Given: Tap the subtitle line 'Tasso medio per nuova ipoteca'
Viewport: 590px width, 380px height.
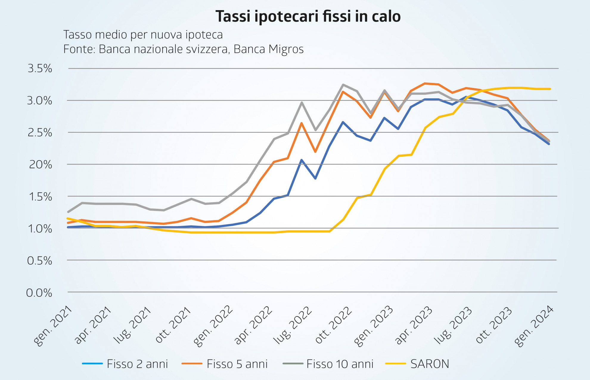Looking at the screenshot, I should (143, 35).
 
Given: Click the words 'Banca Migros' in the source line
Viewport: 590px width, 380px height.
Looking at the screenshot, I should (268, 49).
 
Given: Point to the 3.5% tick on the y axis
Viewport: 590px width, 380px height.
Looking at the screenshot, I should (40, 69).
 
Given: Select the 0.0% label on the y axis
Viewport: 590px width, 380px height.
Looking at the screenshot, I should (39, 293).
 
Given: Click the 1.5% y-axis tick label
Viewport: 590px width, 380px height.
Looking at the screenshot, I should (40, 197).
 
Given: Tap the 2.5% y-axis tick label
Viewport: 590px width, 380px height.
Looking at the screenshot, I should (40, 133).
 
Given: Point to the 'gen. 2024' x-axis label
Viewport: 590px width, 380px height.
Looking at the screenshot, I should (534, 326).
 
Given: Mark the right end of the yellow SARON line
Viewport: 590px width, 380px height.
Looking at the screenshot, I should (550, 89).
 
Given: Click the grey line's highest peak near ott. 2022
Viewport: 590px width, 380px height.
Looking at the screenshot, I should (343, 85).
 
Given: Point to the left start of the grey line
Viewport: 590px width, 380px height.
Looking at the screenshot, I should (68, 212).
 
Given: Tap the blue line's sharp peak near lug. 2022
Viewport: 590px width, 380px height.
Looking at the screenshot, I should (302, 160).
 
